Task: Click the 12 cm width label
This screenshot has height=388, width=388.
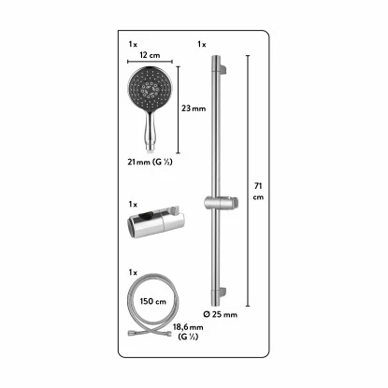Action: (x=150, y=55)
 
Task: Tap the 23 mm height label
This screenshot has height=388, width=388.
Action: (x=194, y=108)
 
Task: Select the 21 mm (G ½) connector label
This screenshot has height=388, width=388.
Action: (x=150, y=162)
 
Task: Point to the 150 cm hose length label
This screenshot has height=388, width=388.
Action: (x=153, y=301)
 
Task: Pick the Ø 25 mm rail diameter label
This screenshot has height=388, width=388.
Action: (x=221, y=314)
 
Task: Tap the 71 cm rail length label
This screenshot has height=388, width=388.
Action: (x=258, y=192)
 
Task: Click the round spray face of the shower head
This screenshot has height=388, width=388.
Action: (x=151, y=89)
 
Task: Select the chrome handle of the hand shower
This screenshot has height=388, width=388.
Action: (x=151, y=129)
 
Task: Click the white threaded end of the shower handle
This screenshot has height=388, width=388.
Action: (x=151, y=151)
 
